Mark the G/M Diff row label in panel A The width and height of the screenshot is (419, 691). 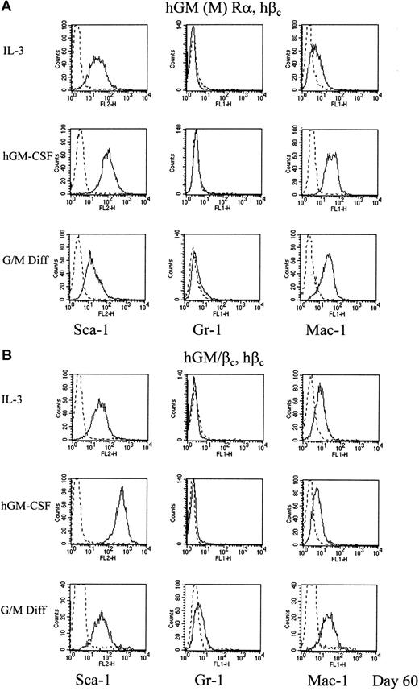[26, 247]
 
